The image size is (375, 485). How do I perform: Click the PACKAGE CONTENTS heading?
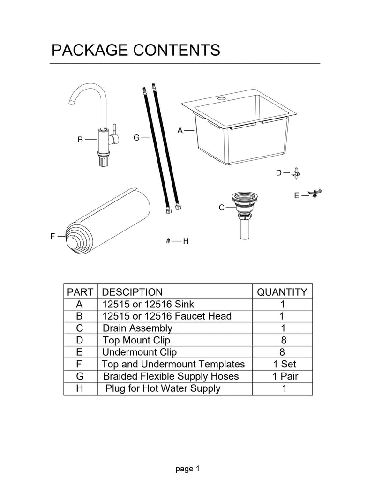click(135, 50)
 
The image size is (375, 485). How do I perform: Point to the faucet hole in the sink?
click(221, 99)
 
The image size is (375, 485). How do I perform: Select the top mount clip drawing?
click(296, 173)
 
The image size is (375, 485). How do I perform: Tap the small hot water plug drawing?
click(167, 241)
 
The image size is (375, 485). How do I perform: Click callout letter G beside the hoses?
click(136, 138)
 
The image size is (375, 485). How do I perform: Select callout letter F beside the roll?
click(53, 236)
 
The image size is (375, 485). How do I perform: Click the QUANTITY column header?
click(282, 292)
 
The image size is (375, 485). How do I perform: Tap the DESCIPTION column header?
click(132, 292)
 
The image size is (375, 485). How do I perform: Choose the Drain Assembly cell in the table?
click(137, 328)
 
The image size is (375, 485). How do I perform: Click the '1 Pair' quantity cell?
click(282, 376)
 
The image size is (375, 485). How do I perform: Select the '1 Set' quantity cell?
click(282, 364)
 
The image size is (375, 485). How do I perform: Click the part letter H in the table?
click(79, 388)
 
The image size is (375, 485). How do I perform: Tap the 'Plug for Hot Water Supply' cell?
click(163, 388)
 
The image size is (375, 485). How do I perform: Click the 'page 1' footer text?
click(188, 468)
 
